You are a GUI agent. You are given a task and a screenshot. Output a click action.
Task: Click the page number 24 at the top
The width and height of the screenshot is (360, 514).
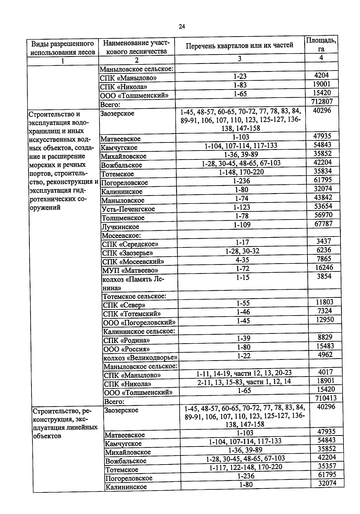182,27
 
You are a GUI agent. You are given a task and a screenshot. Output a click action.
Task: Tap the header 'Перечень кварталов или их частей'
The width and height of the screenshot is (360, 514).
239,46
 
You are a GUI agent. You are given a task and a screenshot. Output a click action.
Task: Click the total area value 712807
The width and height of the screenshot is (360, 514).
322,101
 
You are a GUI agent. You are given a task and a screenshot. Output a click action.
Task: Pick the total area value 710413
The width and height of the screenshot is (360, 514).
326,398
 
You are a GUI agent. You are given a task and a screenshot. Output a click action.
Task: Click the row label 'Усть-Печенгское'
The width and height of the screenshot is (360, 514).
128,209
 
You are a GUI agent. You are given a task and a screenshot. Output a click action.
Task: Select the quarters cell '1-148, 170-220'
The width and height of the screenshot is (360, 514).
241,172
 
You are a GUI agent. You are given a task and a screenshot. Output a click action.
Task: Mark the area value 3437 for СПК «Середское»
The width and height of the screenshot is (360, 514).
324,241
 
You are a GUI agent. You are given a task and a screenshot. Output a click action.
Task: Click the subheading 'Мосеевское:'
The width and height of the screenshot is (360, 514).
121,235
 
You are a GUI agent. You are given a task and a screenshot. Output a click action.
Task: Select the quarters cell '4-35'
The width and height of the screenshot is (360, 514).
242,260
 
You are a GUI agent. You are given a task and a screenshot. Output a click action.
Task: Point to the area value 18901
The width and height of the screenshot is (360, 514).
325,381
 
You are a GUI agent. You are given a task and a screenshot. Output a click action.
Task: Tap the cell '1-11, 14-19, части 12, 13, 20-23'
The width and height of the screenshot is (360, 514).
244,373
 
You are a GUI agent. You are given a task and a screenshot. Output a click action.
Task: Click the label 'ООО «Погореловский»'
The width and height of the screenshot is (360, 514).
139,323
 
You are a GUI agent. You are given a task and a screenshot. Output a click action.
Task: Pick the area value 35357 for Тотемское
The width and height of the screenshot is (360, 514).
327,466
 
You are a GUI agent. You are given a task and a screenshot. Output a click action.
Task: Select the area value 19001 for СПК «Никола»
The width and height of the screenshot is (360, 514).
321,84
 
